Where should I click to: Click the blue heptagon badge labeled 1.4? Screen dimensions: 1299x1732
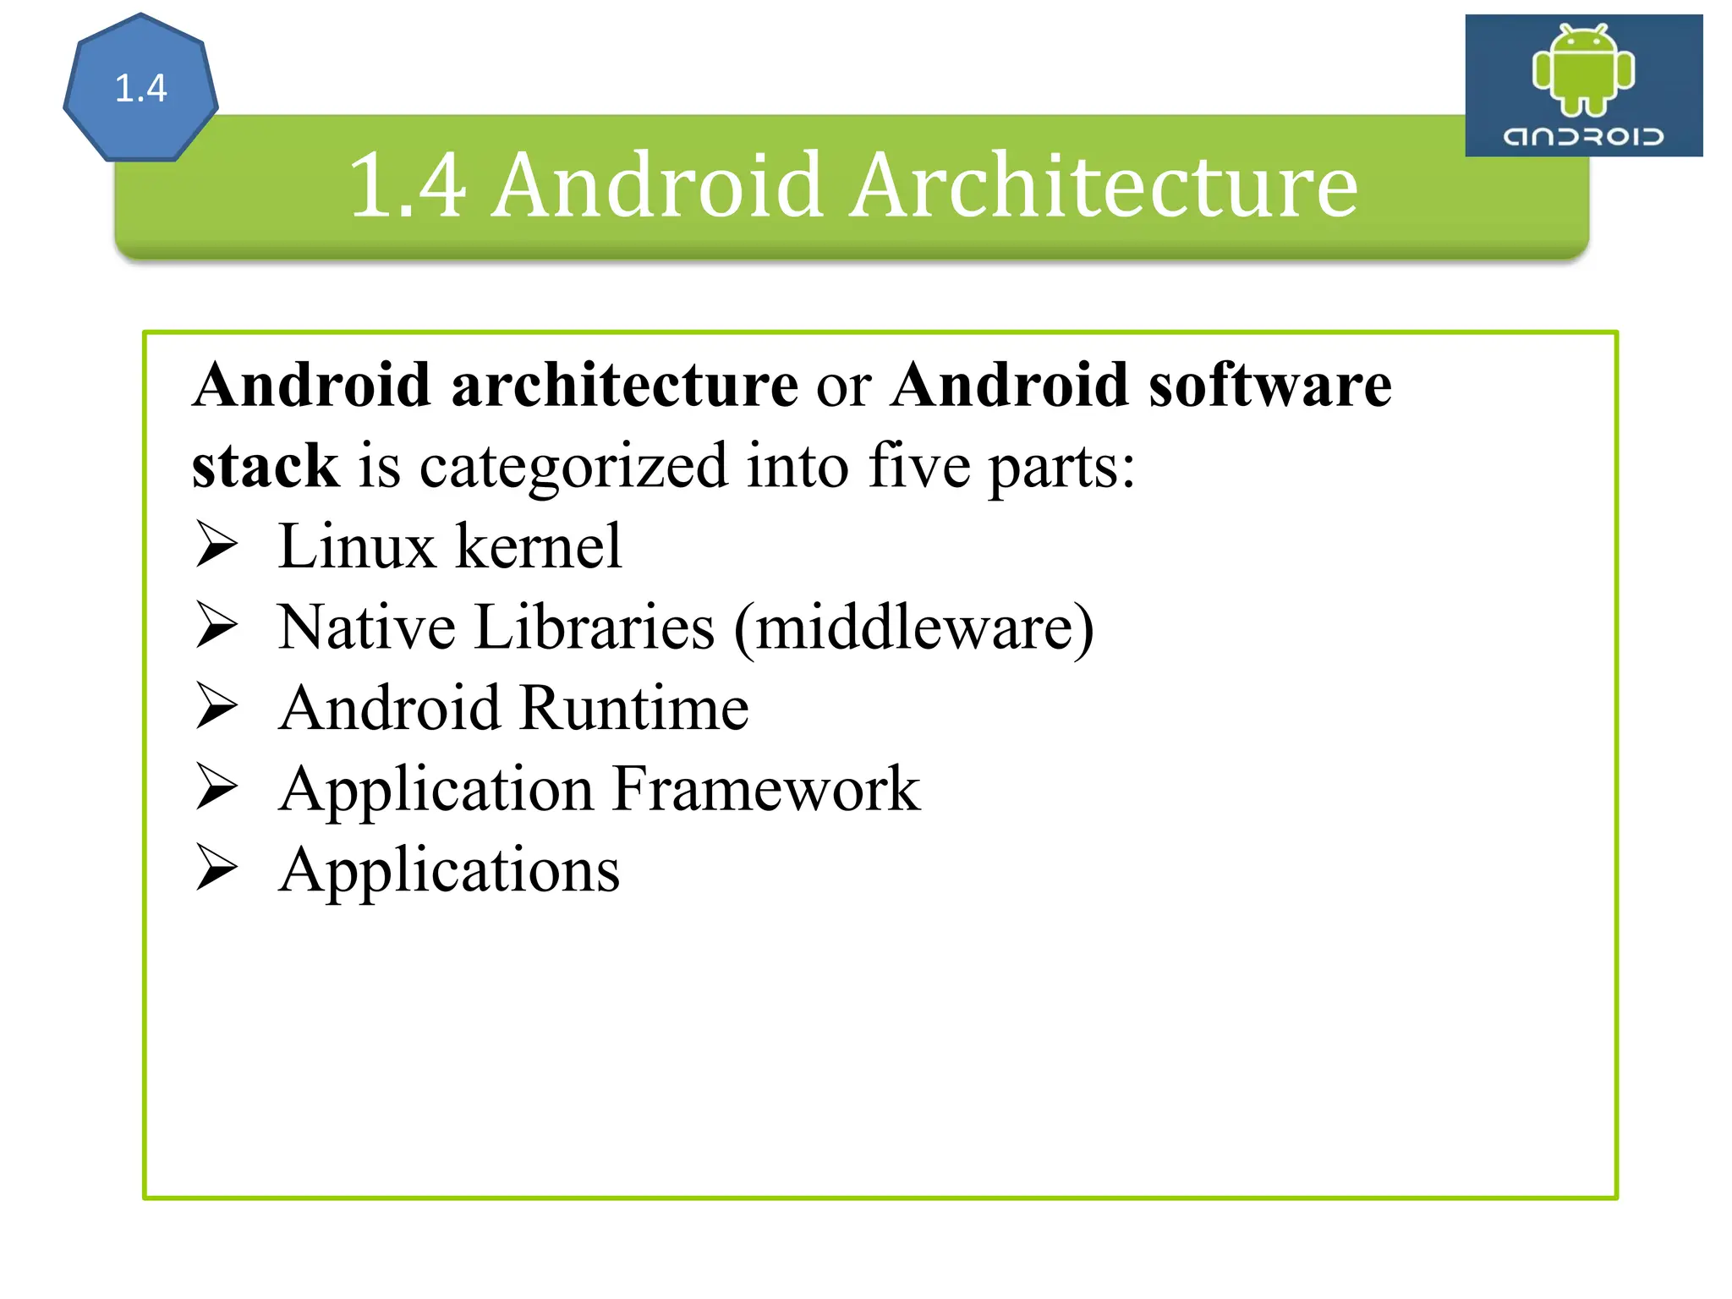point(140,89)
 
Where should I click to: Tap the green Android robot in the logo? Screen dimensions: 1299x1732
point(1583,70)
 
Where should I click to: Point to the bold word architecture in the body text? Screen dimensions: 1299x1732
point(625,385)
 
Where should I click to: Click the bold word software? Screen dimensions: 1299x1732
point(1269,385)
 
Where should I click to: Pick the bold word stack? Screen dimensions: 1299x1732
point(265,465)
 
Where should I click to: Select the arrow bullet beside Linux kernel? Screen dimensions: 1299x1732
point(216,545)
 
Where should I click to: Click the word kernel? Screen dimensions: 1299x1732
point(539,546)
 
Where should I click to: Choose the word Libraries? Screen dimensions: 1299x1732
point(594,628)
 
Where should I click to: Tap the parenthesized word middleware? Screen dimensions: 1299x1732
point(914,628)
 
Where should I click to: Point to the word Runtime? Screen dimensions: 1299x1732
point(634,708)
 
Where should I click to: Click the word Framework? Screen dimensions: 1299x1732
point(766,789)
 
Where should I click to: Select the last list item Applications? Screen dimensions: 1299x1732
point(449,870)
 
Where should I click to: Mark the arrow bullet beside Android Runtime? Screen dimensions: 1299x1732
point(216,707)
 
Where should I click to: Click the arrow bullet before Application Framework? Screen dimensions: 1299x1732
point(216,787)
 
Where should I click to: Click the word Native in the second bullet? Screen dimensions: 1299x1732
point(366,628)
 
